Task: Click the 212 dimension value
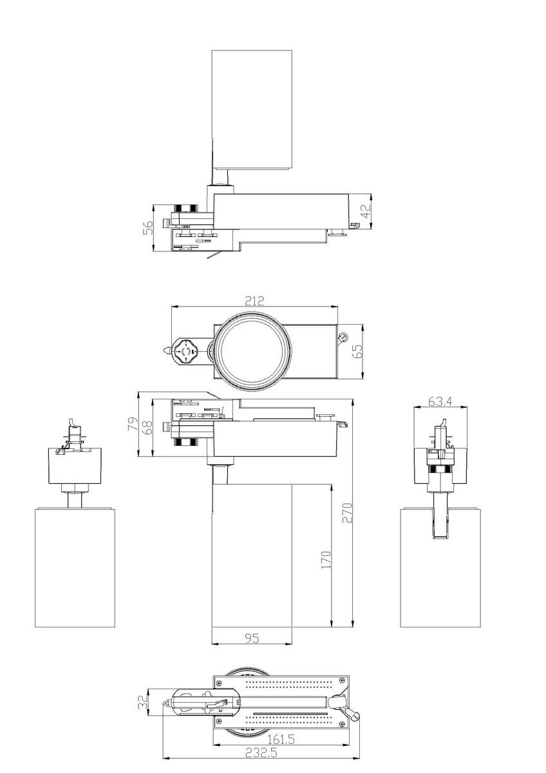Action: coord(254,300)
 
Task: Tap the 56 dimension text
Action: coord(147,227)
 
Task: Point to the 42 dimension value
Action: coord(366,211)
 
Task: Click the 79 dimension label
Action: coord(132,425)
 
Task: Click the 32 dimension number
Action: coord(142,701)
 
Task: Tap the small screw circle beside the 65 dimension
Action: coord(344,337)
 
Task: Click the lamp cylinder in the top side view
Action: coord(252,110)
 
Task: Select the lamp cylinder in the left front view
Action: coord(75,567)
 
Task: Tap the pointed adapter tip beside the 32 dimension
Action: coord(166,704)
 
